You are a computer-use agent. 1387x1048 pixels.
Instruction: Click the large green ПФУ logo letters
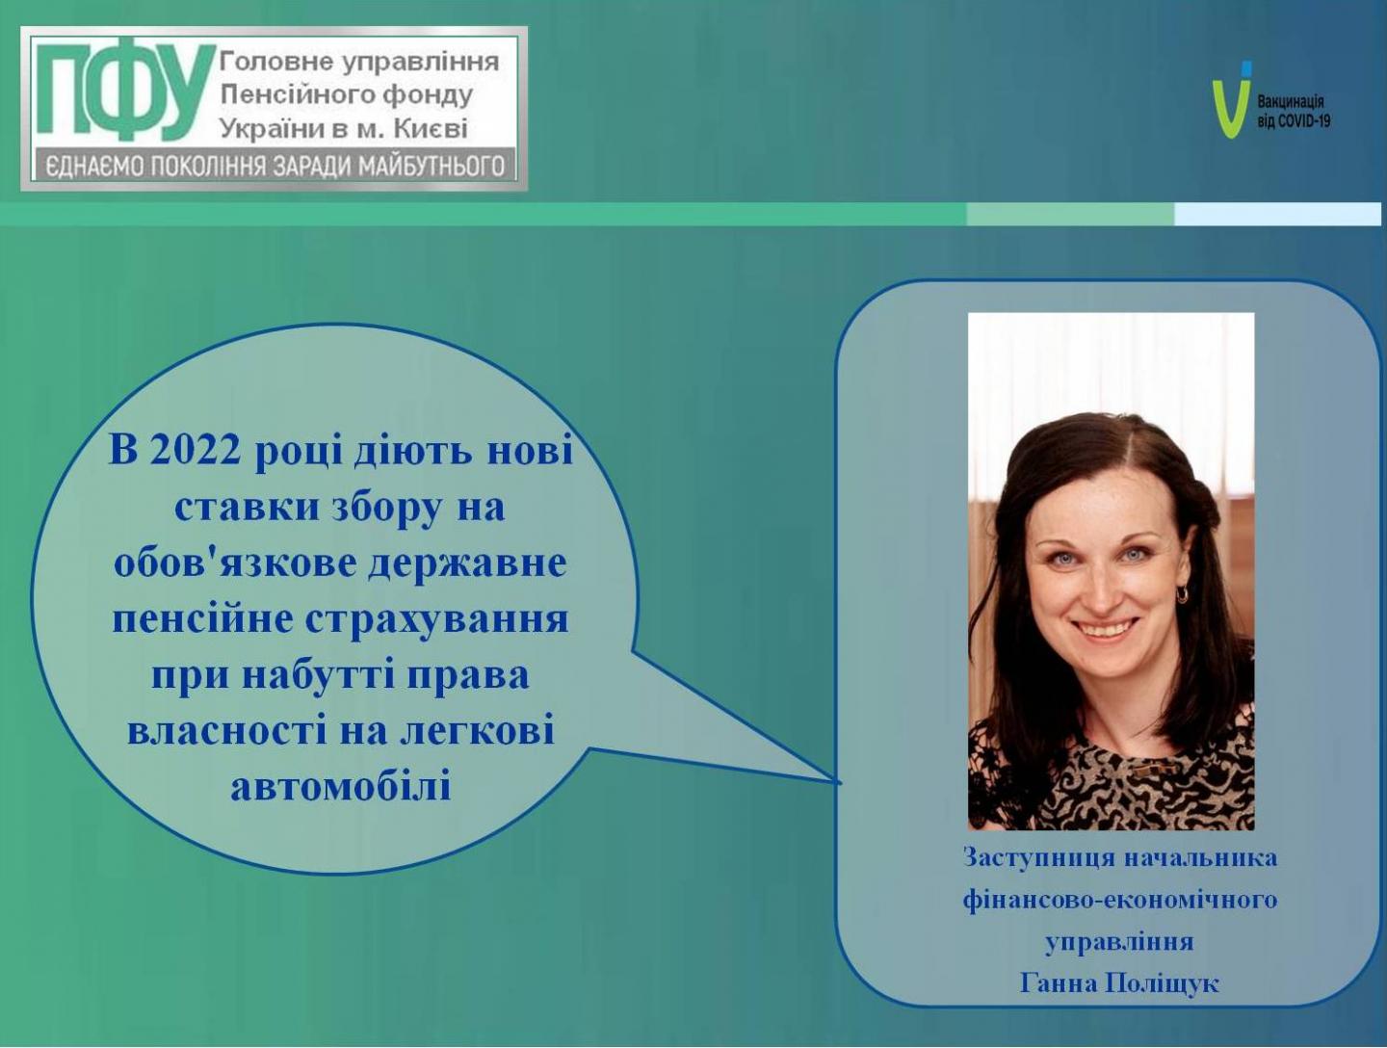(124, 90)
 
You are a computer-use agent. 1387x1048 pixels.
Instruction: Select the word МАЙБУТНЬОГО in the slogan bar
(432, 167)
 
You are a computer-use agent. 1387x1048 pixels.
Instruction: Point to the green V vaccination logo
(1229, 100)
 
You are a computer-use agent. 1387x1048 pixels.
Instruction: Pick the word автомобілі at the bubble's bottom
(341, 786)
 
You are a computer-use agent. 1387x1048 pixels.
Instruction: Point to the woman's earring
(1182, 593)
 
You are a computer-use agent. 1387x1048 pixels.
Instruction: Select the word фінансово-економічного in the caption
(1120, 900)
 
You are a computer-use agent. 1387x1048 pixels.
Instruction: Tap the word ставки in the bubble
(248, 508)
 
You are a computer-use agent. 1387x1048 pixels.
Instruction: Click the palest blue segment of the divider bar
(1278, 214)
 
